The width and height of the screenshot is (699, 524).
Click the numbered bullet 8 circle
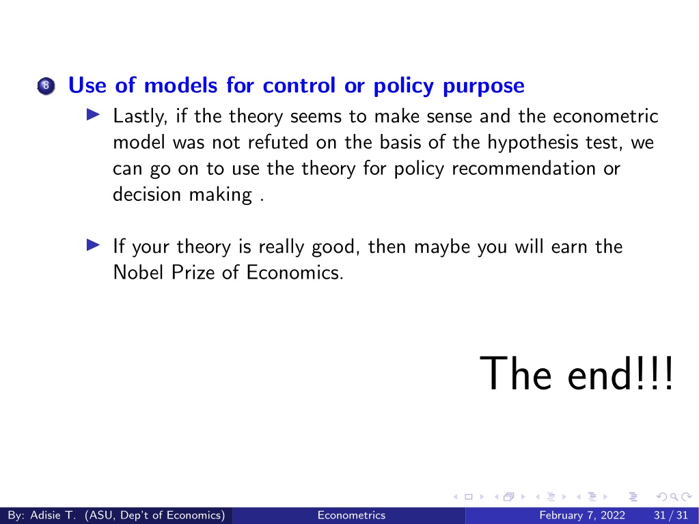coord(46,86)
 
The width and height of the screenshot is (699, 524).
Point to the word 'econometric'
coord(605,116)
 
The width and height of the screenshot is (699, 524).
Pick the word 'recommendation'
coord(523,169)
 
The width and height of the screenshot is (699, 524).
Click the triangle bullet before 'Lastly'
coord(93,115)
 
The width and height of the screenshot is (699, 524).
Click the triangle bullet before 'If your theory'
coord(93,245)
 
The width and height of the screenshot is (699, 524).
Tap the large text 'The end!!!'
coord(576,374)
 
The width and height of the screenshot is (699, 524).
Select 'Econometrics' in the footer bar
coord(351,516)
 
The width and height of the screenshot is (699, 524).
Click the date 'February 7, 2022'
coord(581,516)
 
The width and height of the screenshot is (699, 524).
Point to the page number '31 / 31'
coord(671,516)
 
